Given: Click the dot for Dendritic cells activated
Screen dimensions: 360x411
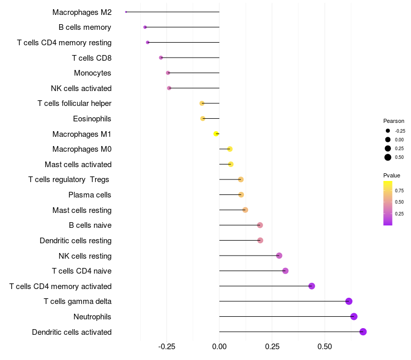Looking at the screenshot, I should point(363,332).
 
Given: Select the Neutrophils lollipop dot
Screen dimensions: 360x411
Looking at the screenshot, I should point(353,316).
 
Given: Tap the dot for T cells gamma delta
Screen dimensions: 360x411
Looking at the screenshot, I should point(349,301).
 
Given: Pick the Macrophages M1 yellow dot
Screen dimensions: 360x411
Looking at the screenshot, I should point(216,134).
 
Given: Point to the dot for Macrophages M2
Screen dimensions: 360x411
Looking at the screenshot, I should point(126,12).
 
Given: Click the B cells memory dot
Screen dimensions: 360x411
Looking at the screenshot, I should point(145,27).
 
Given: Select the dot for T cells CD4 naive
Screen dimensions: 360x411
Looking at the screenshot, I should point(285,271).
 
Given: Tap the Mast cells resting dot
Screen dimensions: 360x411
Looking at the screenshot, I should point(245,210).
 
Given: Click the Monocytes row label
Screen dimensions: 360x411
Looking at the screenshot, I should point(92,73).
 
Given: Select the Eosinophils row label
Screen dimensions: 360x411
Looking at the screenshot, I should point(92,119).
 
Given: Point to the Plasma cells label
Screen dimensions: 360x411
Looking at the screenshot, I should point(90,195).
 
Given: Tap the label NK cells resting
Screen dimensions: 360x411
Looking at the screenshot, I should point(85,256).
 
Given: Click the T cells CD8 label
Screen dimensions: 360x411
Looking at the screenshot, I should point(91,58).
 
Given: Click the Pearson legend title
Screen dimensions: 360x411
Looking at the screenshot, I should point(394,121).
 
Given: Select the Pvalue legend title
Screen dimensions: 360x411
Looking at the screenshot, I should point(391,175).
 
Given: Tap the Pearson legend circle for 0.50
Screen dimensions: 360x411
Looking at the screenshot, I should point(388,157).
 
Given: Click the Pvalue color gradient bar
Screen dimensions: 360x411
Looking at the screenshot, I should point(388,203).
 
